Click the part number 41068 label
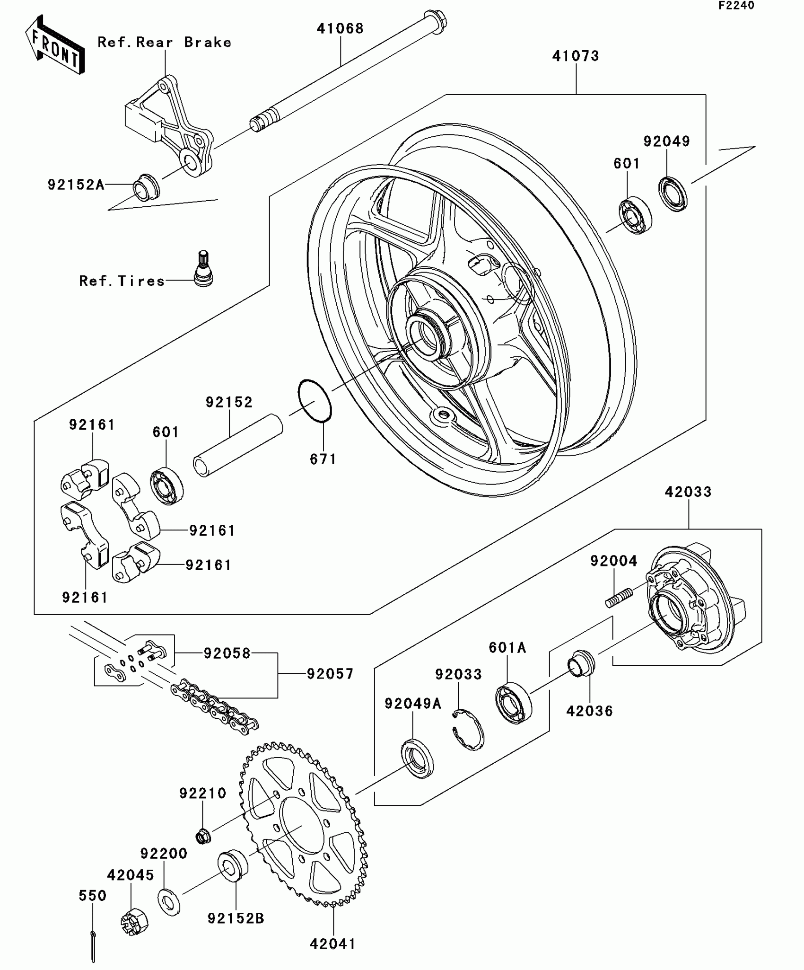pyautogui.click(x=340, y=28)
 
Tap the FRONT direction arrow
pyautogui.click(x=54, y=45)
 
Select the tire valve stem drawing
pyautogui.click(x=204, y=268)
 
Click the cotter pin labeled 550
pyautogui.click(x=93, y=946)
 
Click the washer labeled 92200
pyautogui.click(x=168, y=902)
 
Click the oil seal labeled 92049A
pyautogui.click(x=417, y=758)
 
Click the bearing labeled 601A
pyautogui.click(x=514, y=702)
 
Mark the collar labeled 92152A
pyautogui.click(x=146, y=188)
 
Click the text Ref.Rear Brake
pyautogui.click(x=165, y=43)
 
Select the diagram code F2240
pyautogui.click(x=736, y=6)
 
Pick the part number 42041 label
pyautogui.click(x=332, y=944)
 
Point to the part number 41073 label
pyautogui.click(x=576, y=56)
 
